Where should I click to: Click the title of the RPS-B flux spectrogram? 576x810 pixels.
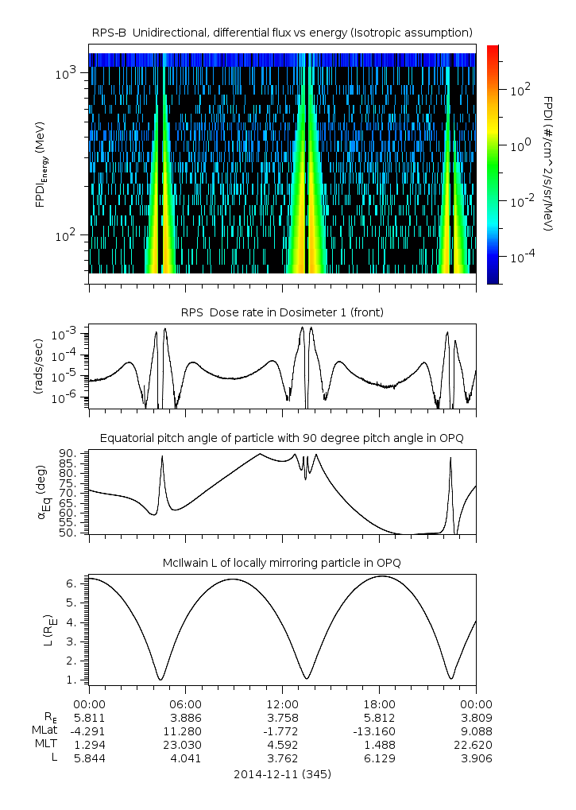pyautogui.click(x=282, y=32)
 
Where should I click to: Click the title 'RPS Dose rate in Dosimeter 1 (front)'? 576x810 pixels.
pyautogui.click(x=282, y=312)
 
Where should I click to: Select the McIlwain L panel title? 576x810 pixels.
pyautogui.click(x=282, y=563)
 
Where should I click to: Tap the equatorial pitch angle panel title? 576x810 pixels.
pyautogui.click(x=282, y=438)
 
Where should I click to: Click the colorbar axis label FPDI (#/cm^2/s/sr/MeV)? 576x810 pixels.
pyautogui.click(x=548, y=163)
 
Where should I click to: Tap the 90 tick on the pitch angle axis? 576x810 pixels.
pyautogui.click(x=67, y=453)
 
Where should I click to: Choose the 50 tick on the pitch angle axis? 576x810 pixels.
pyautogui.click(x=67, y=533)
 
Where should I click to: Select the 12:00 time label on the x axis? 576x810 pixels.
pyautogui.click(x=282, y=703)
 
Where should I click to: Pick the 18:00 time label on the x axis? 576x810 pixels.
pyautogui.click(x=379, y=703)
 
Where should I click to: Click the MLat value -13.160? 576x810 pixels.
pyautogui.click(x=379, y=731)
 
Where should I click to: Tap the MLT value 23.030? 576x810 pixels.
pyautogui.click(x=185, y=744)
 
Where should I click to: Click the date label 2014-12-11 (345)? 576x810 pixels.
pyautogui.click(x=282, y=773)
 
